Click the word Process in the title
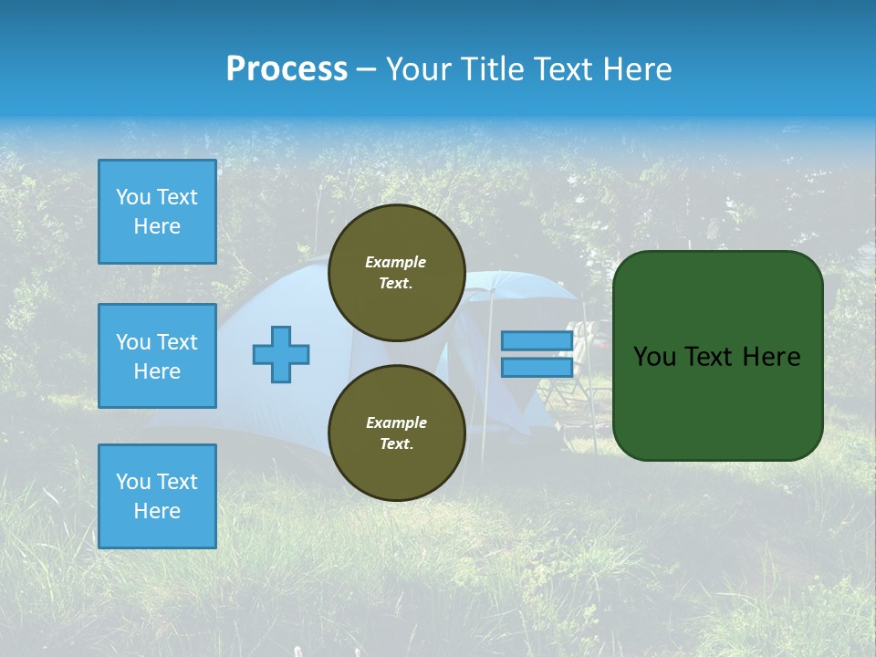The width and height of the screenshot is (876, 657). [287, 69]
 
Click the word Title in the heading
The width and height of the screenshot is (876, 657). [494, 69]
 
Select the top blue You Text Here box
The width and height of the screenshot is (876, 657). [157, 212]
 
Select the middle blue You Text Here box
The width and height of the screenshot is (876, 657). [157, 356]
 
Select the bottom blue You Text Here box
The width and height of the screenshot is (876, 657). [157, 496]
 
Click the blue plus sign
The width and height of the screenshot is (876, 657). [281, 354]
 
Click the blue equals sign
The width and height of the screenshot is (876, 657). [537, 354]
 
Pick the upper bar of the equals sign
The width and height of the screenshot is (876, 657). [537, 340]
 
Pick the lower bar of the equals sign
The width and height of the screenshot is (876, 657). [537, 368]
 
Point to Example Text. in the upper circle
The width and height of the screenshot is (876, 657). [396, 272]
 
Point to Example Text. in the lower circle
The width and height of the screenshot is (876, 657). [396, 433]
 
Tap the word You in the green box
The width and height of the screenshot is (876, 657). [654, 357]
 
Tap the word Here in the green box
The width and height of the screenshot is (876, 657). [771, 357]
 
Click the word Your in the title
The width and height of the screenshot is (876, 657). [419, 69]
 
